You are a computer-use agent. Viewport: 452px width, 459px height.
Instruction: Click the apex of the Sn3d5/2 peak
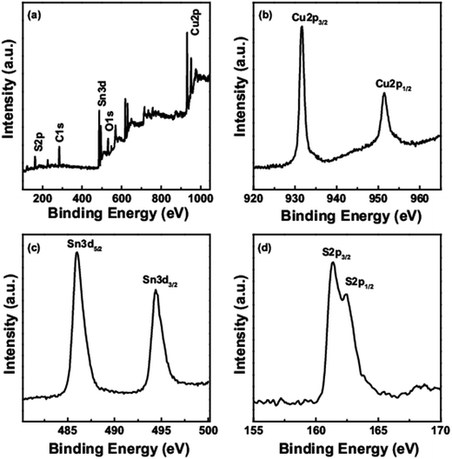pos(76,254)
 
